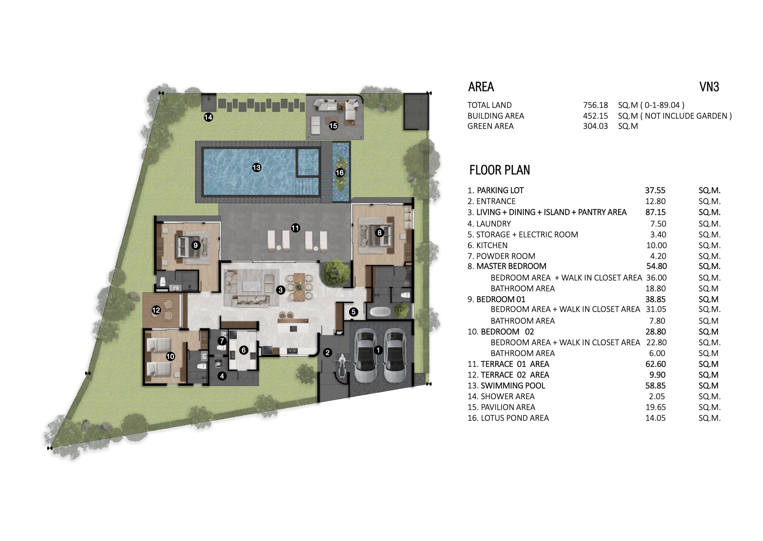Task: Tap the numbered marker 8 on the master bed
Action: (x=379, y=232)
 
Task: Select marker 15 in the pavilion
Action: (x=333, y=125)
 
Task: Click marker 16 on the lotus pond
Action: (x=339, y=173)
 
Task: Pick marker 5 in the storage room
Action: (x=354, y=312)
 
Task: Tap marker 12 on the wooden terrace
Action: (x=156, y=310)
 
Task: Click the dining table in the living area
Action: (x=299, y=287)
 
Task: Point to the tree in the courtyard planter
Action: (x=336, y=272)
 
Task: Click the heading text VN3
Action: (x=709, y=87)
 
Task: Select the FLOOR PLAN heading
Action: (x=499, y=170)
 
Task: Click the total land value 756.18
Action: (x=595, y=105)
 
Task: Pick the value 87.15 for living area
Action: (x=655, y=212)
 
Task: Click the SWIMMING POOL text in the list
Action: (x=513, y=385)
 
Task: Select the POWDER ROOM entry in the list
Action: (x=506, y=256)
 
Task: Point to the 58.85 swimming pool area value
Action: (x=655, y=385)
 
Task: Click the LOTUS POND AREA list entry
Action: (x=515, y=418)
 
